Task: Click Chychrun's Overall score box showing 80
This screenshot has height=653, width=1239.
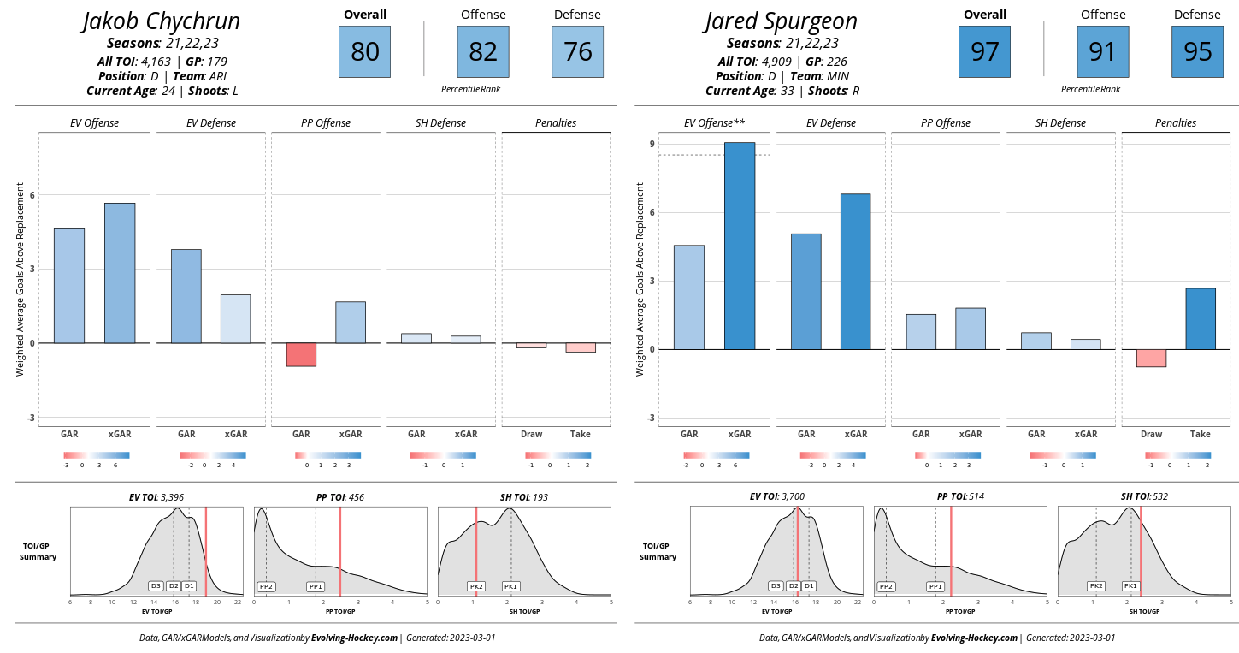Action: (365, 51)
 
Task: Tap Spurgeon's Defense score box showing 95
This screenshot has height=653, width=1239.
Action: (1198, 51)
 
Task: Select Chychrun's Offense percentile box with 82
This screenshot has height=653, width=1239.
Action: (483, 51)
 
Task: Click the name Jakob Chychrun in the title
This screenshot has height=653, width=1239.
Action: (162, 21)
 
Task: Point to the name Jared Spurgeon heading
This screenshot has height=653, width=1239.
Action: (781, 21)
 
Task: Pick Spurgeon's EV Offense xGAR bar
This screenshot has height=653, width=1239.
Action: (740, 246)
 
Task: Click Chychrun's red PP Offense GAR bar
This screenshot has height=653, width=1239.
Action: (301, 354)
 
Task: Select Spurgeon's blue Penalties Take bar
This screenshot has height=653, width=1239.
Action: (1201, 318)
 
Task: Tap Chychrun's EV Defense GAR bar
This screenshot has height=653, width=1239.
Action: (186, 296)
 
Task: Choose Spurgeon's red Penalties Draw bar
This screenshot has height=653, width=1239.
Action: (1151, 358)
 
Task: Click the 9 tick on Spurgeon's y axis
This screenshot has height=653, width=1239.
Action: (652, 144)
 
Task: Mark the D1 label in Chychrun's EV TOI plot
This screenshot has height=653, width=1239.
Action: (189, 586)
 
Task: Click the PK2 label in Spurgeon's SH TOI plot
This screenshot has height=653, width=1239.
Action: (1096, 586)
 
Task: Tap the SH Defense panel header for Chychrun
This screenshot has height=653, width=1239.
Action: (440, 123)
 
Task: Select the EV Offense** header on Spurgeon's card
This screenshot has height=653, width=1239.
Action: (715, 123)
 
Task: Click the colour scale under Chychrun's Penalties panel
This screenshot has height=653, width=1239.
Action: (558, 455)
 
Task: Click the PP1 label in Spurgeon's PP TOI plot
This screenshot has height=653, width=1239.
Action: (936, 586)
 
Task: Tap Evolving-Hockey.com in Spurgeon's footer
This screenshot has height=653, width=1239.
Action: (974, 638)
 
